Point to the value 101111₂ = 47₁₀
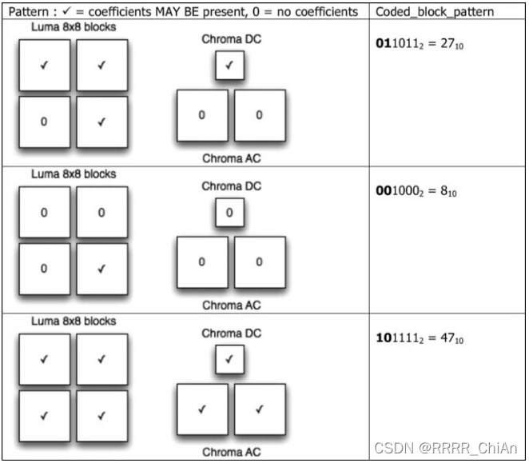point(420,338)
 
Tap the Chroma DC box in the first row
point(229,66)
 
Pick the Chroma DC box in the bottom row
point(229,360)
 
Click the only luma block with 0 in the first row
point(43,122)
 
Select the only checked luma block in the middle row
point(101,269)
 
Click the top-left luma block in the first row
point(43,66)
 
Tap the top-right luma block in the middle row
point(101,213)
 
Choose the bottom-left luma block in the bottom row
point(43,415)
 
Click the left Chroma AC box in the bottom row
point(201,409)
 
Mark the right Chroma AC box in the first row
point(259,115)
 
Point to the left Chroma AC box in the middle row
point(201,261)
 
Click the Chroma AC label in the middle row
point(231,305)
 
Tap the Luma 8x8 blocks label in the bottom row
point(73,321)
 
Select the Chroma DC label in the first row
point(231,38)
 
